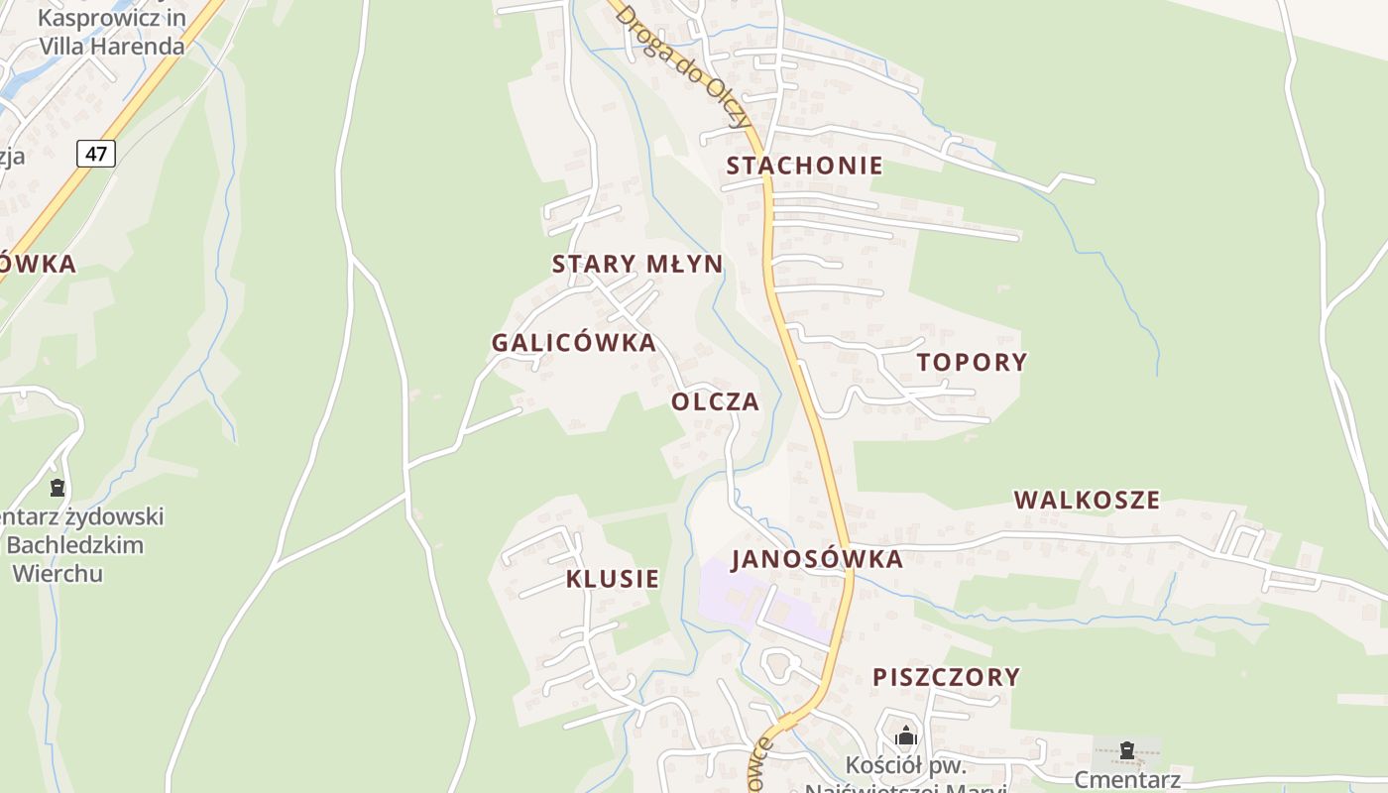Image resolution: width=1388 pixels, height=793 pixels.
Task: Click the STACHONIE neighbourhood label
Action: (x=804, y=166)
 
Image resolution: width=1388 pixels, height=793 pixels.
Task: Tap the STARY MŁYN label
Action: (x=637, y=264)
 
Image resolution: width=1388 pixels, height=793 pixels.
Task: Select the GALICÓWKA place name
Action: (x=574, y=343)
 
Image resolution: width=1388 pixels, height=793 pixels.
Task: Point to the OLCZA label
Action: (x=716, y=401)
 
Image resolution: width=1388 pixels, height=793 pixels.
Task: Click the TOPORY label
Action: (x=972, y=362)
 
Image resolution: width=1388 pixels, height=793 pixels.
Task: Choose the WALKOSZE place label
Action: (x=1087, y=500)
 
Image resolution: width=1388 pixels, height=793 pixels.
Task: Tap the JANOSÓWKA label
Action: (x=817, y=559)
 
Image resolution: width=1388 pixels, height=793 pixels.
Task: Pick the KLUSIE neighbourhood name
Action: (x=613, y=579)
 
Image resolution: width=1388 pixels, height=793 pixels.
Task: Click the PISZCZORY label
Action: (x=946, y=677)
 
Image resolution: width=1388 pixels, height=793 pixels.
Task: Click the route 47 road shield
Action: (x=96, y=154)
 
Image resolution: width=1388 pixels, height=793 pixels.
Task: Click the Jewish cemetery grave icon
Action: (x=58, y=488)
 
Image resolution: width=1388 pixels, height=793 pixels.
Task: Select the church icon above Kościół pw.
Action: (x=906, y=736)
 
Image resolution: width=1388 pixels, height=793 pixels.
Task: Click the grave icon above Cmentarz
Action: (x=1126, y=750)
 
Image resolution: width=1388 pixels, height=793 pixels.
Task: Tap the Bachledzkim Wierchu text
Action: (x=74, y=559)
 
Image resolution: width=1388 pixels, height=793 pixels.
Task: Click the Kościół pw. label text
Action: (x=906, y=765)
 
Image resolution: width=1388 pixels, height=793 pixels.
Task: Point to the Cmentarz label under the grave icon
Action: (x=1127, y=779)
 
